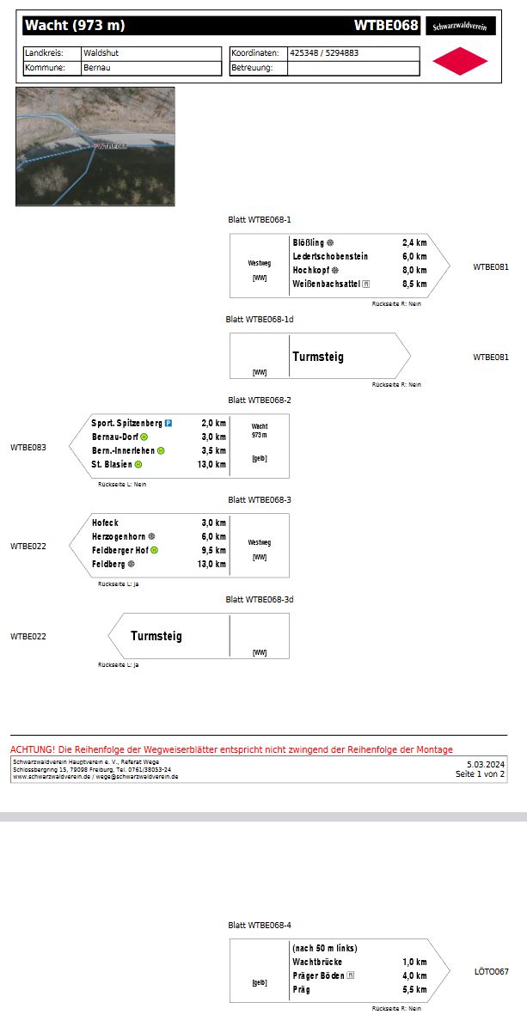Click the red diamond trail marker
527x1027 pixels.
460,61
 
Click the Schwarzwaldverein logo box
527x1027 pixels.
460,27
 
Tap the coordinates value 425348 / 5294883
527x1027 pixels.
325,53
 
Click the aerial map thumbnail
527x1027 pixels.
95,146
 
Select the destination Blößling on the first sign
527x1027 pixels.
309,243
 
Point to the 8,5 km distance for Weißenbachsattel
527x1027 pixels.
414,284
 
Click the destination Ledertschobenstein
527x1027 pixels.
330,257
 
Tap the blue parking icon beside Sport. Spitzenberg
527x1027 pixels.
169,424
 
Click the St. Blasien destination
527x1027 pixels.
112,465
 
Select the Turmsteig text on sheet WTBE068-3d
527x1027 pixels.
156,637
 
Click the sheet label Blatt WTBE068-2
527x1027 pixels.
260,400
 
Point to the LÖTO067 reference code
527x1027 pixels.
491,972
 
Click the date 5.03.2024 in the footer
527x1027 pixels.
486,764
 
